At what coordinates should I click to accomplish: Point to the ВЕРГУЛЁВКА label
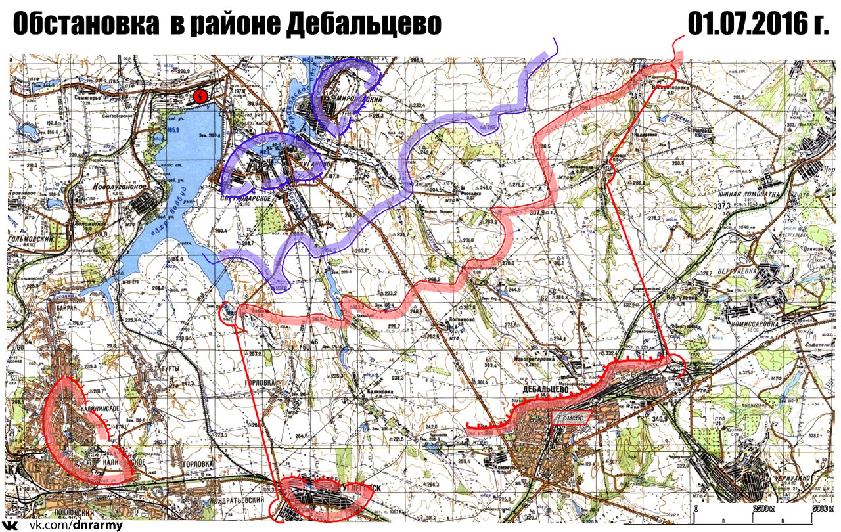[765, 270]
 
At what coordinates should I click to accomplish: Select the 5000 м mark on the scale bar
[821, 509]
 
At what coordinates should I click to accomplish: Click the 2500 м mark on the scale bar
[763, 509]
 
